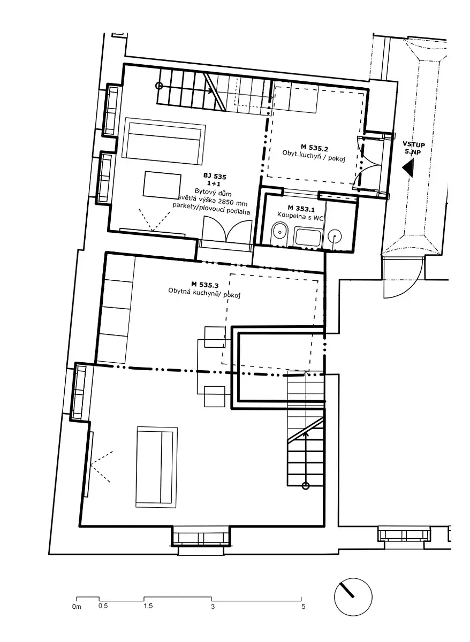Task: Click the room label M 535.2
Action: pos(314,148)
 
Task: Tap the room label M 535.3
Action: pos(204,285)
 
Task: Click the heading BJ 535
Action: pos(215,177)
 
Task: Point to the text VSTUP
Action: pos(414,144)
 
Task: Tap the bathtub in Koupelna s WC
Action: pos(308,236)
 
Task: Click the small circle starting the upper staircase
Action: pos(158,86)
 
